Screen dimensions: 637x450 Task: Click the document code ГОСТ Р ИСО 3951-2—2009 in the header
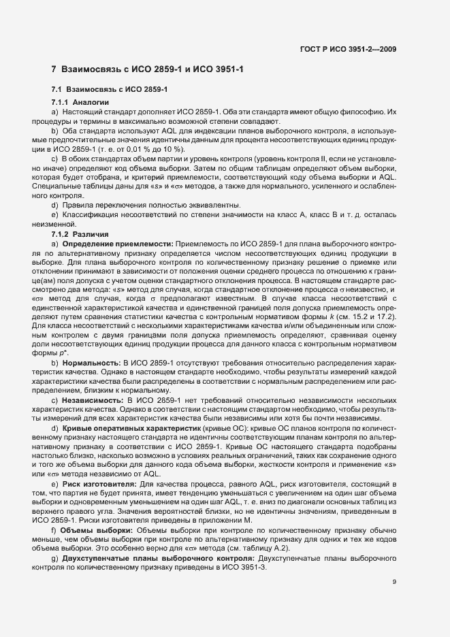point(348,49)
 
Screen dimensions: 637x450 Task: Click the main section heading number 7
point(54,70)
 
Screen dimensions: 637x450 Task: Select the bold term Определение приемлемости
point(118,243)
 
